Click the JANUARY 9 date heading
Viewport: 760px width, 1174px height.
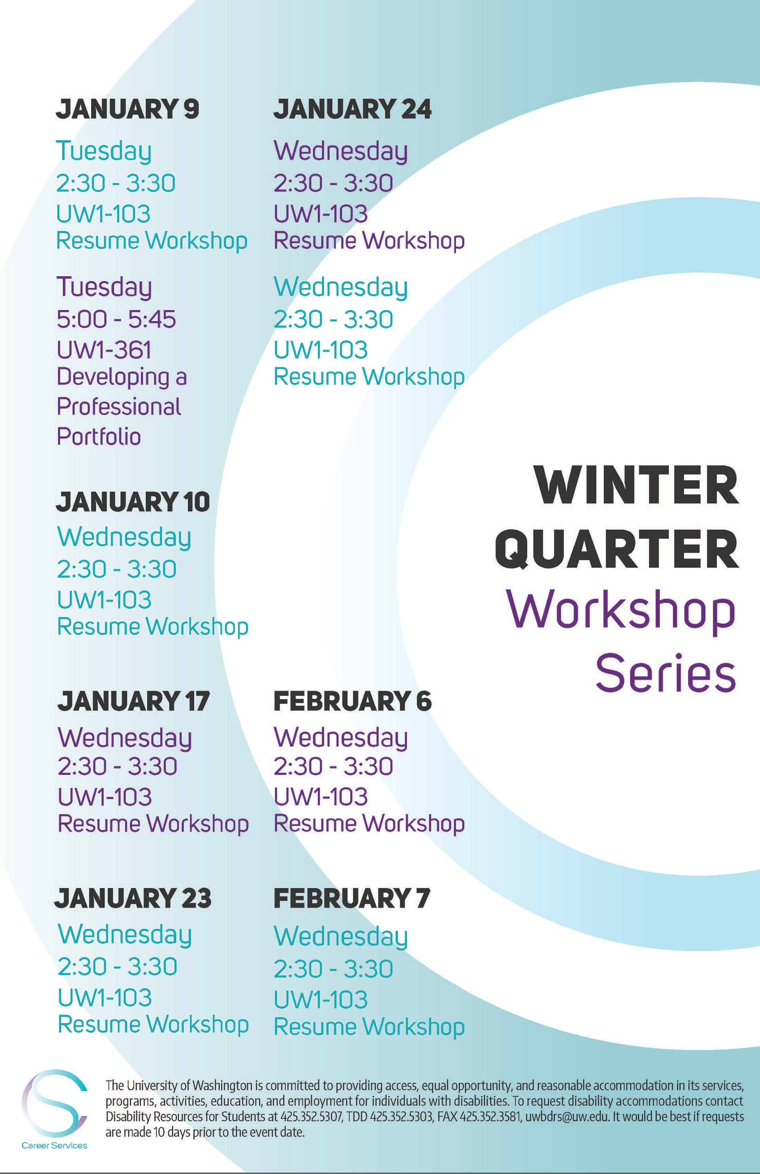127,109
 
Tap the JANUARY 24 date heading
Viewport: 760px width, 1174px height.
352,109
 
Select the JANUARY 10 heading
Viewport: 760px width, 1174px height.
133,502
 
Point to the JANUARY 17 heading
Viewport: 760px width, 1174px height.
133,701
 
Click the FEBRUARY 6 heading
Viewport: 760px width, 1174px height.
352,701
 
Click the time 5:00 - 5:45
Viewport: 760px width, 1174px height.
116,319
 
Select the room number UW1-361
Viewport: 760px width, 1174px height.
104,350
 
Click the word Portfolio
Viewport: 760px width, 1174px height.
99,436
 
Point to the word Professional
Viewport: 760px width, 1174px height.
118,406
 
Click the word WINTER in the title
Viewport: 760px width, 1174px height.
636,486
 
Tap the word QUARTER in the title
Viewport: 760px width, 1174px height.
617,549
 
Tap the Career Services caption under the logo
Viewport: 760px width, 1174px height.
54,1146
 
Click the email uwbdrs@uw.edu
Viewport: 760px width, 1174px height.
566,1116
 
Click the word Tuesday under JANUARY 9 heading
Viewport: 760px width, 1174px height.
104,150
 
